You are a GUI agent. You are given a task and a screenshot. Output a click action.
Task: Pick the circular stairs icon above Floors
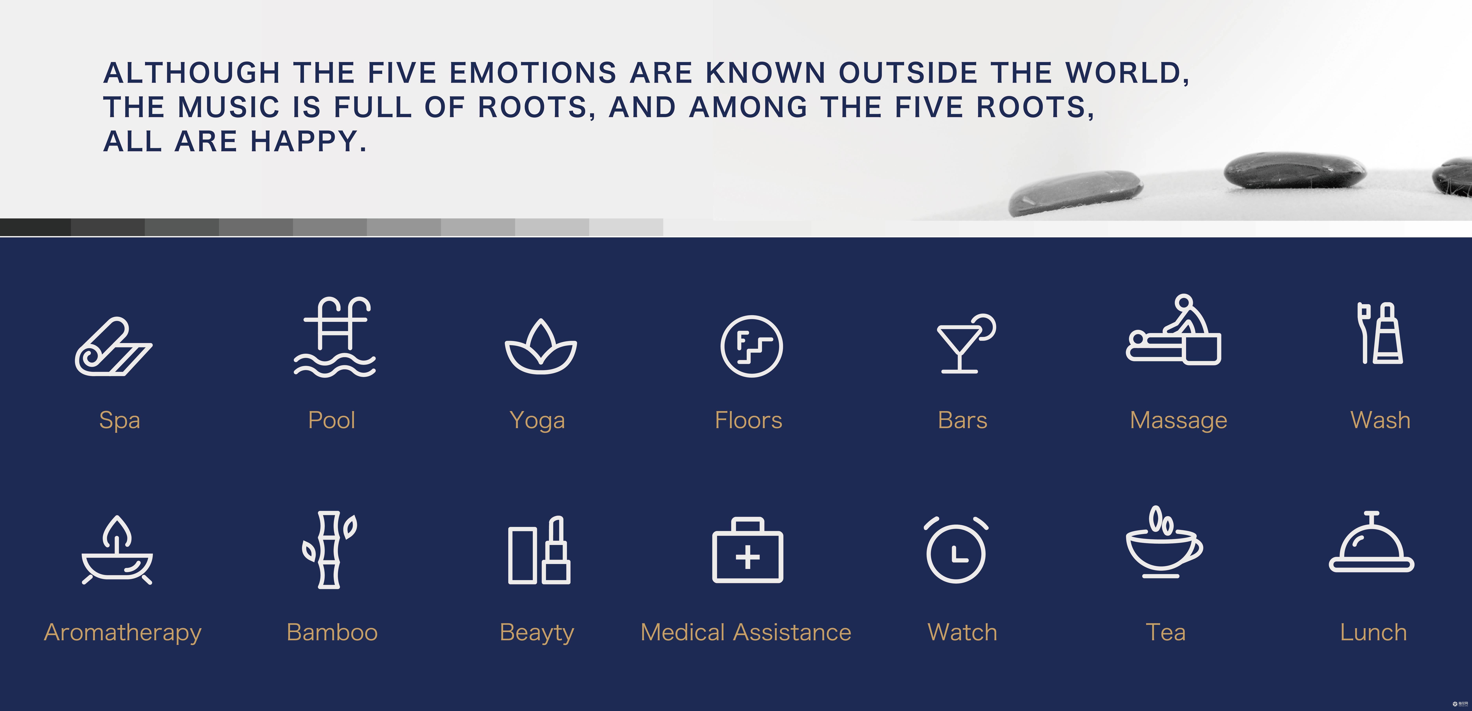coord(751,346)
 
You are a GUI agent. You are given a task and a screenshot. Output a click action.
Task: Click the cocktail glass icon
coord(966,343)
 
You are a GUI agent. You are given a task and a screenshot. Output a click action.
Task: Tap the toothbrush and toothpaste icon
coord(1380,333)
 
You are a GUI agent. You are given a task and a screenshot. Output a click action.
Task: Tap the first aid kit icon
coord(747,550)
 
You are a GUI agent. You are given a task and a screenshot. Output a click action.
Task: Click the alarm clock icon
coord(956,550)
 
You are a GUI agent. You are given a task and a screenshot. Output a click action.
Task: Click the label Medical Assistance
coord(746,632)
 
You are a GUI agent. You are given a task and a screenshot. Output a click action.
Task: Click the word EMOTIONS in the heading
coord(533,73)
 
